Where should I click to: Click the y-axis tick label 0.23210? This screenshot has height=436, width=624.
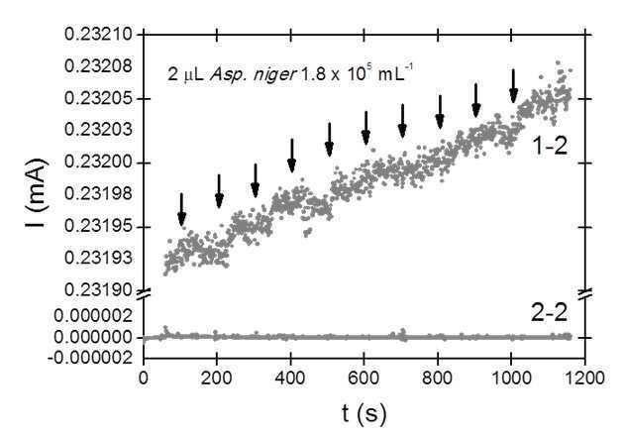98,35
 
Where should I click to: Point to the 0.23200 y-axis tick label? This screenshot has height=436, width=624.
98,163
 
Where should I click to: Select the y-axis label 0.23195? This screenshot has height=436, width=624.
98,227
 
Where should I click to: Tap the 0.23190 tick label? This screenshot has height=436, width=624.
98,290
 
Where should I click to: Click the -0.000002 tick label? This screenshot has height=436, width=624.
90,358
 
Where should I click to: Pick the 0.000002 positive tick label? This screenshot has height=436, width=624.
93,316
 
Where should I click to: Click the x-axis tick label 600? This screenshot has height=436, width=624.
364,378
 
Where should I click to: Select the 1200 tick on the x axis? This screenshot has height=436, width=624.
584,378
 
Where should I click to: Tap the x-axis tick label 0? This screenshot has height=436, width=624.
144,378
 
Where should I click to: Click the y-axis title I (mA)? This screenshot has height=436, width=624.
37,192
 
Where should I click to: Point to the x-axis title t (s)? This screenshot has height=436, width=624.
364,414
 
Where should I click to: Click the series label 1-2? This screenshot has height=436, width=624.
549,147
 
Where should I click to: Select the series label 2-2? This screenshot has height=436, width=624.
549,313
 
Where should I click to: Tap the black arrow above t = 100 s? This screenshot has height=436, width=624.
181,209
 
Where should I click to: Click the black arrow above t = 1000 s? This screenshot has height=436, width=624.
513,86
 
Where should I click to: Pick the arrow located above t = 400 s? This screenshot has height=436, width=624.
292,156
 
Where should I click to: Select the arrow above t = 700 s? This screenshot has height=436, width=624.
402,121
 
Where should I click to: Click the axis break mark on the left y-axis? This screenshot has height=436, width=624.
144,294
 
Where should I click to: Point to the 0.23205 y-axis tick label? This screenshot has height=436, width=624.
98,98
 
